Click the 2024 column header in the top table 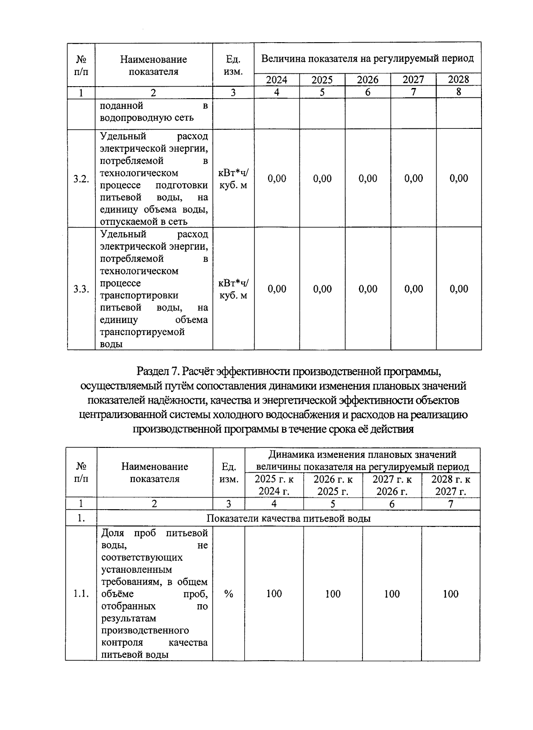point(276,80)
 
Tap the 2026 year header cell point(368,80)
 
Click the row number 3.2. point(81,179)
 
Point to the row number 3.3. point(81,289)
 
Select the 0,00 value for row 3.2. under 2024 point(277,179)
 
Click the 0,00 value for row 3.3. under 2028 point(459,289)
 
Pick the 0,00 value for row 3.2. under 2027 point(414,179)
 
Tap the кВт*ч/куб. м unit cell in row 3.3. point(234,289)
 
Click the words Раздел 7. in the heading point(159,371)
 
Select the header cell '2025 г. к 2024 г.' point(274,485)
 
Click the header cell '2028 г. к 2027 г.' point(450,485)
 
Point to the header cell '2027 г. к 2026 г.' point(392,485)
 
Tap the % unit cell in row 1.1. point(229,594)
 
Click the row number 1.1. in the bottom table point(81,594)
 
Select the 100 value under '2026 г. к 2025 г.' point(333,594)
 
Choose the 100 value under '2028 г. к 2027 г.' point(450,594)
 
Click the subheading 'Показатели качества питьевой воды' point(289,519)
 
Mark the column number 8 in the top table point(459,92)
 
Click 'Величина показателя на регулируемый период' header point(367,59)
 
